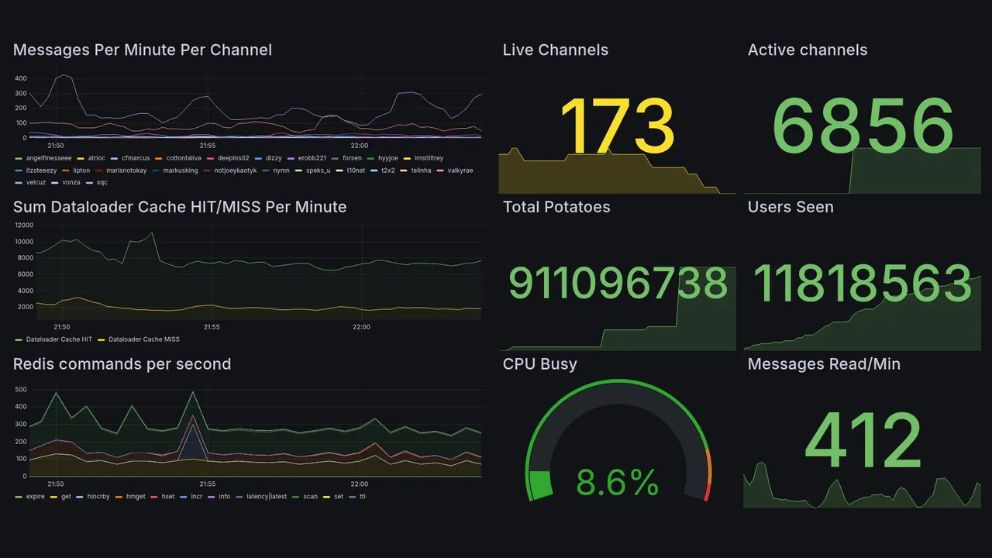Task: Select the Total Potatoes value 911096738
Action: [x=618, y=284]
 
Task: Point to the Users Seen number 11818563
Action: [x=863, y=284]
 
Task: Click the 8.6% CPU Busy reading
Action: [x=617, y=483]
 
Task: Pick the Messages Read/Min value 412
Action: [x=863, y=440]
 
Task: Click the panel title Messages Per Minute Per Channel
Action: [x=143, y=50]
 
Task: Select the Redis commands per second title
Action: [x=122, y=364]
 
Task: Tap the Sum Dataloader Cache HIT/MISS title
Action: [x=180, y=207]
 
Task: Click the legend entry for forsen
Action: [x=352, y=158]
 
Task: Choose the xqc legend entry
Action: [x=102, y=183]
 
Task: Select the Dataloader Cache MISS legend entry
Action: [x=143, y=339]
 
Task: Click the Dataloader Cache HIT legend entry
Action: [x=59, y=339]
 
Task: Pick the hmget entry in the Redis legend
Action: [x=135, y=496]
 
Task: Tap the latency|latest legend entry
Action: [x=267, y=496]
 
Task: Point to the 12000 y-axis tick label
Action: [x=24, y=226]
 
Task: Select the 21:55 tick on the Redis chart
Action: [x=207, y=484]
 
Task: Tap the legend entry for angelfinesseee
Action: [x=48, y=158]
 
